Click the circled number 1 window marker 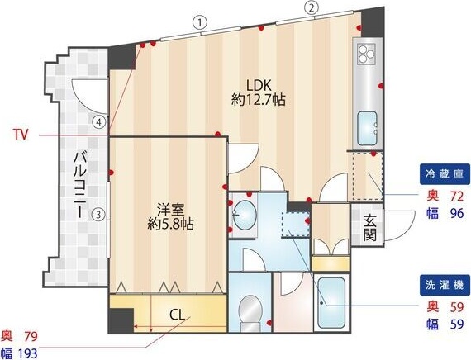click(x=198, y=22)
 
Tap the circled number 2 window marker click(x=311, y=9)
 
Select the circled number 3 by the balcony click(x=98, y=216)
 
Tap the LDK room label click(x=258, y=84)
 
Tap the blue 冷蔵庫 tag click(x=445, y=176)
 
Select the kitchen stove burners click(x=365, y=55)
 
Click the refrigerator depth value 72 click(x=454, y=197)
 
